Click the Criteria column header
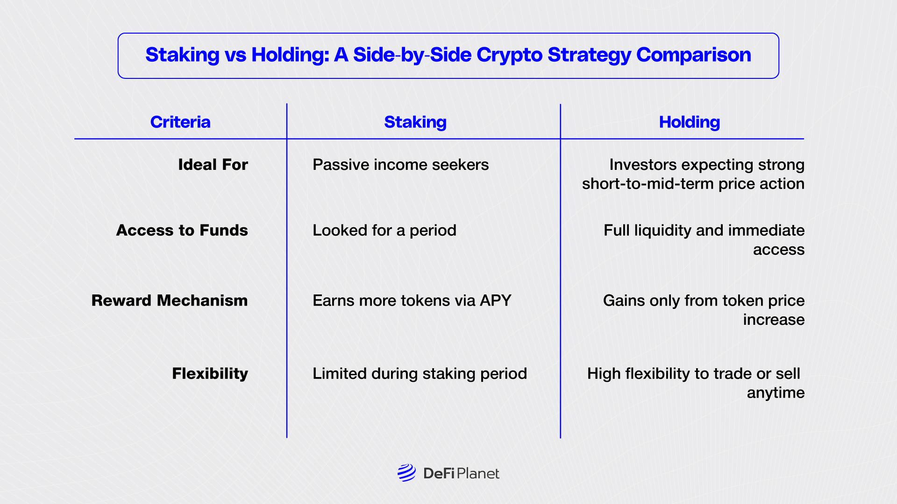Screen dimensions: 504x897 180,122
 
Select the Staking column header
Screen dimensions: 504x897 415,122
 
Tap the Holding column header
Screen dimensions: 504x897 689,122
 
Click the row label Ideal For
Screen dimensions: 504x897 213,165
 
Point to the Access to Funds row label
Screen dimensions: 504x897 182,231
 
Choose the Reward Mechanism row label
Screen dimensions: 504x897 170,301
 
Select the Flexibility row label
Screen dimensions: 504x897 210,374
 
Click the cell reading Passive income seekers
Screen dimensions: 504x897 400,165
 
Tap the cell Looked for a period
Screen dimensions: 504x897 384,231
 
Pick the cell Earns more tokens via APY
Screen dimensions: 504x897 412,301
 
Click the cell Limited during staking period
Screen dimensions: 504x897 420,374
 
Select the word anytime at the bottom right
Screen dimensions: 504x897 776,393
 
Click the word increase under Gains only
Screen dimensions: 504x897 774,320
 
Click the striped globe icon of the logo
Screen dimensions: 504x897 406,473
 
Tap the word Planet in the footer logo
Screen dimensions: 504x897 478,474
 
